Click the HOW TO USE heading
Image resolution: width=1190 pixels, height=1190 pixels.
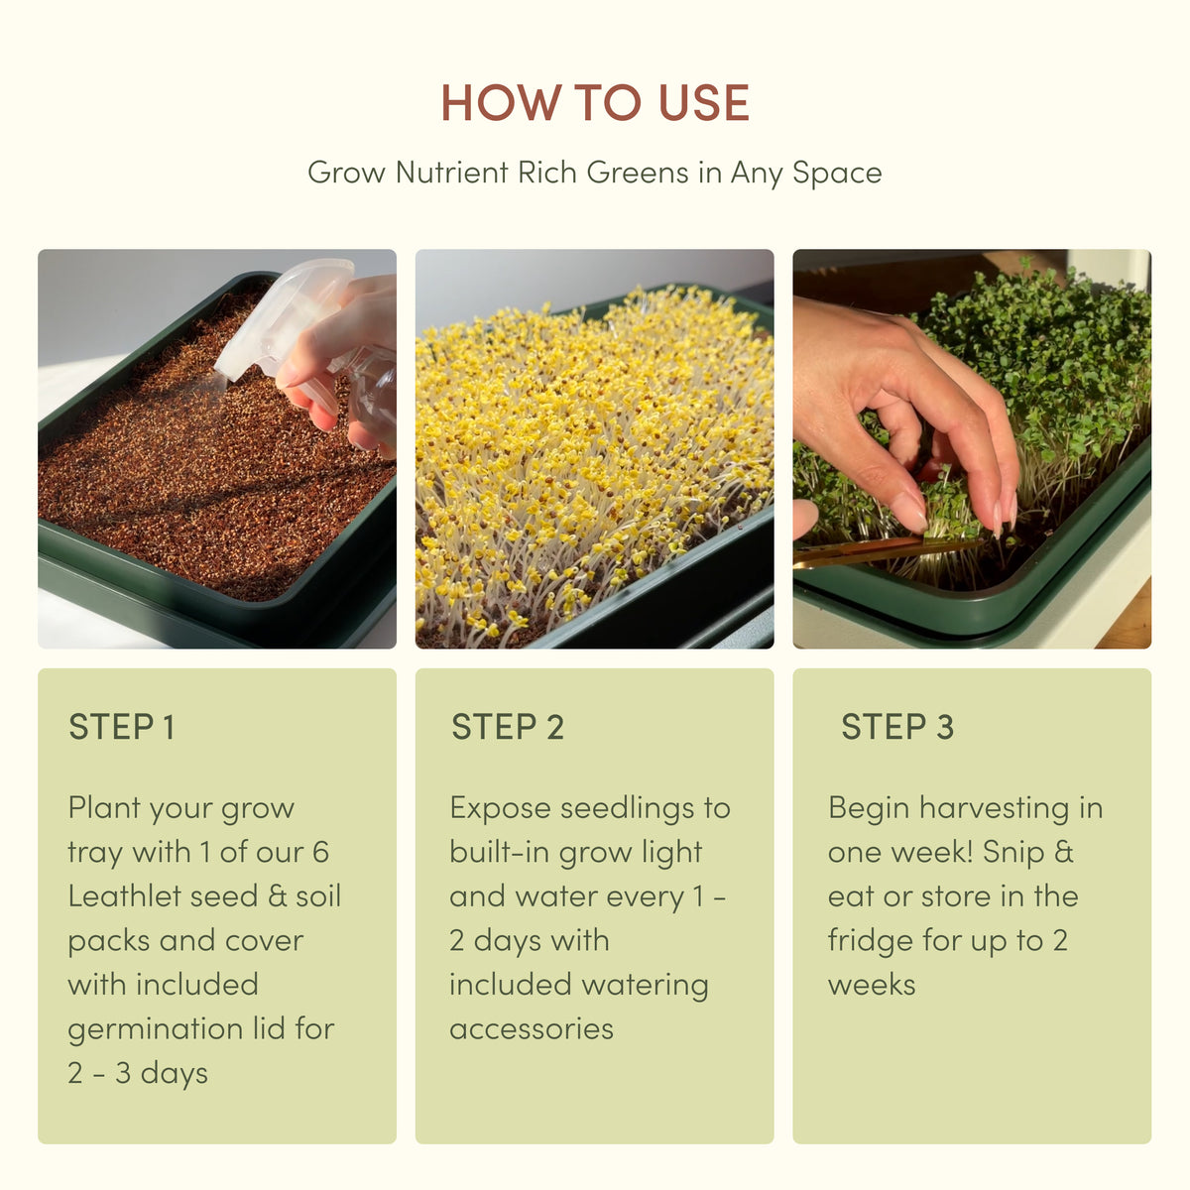[x=595, y=102]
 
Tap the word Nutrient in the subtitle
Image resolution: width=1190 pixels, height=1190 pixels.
[x=451, y=173]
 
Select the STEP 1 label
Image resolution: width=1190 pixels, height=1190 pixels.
[x=122, y=726]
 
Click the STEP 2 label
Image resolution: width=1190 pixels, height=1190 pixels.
[x=508, y=726]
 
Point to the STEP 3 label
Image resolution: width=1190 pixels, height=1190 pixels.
[x=897, y=726]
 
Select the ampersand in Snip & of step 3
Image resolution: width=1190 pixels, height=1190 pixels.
[x=1063, y=852]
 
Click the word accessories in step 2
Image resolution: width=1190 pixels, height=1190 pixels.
[x=532, y=1029]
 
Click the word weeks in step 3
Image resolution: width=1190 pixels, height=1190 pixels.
[x=872, y=985]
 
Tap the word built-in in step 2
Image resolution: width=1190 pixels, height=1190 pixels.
[x=499, y=852]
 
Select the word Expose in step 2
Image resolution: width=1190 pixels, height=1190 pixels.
[x=500, y=809]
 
